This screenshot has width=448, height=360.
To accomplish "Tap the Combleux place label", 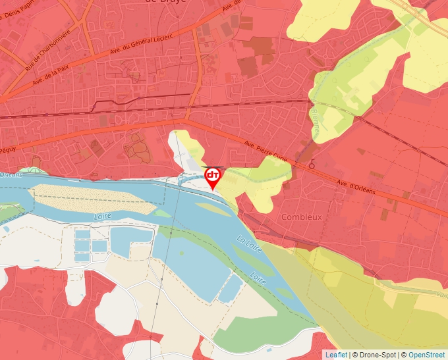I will pyautogui.click(x=301, y=217).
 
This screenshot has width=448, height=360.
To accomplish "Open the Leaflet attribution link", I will pyautogui.click(x=336, y=355).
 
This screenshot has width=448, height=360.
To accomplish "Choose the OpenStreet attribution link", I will pyautogui.click(x=426, y=355).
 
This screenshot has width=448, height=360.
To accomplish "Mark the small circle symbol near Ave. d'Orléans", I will pyautogui.click(x=312, y=165).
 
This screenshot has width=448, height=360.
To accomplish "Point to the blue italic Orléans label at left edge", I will pyautogui.click(x=11, y=174).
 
